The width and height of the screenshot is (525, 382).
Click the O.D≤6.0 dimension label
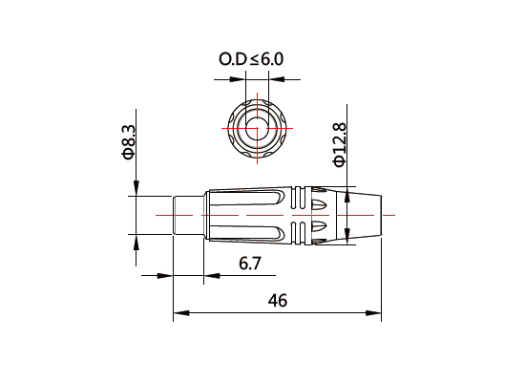(251, 59)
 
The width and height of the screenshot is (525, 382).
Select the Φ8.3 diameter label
(128, 142)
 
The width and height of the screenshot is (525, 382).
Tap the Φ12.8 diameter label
(339, 144)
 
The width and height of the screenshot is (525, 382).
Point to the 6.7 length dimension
(250, 263)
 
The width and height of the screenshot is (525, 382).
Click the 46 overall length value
(278, 301)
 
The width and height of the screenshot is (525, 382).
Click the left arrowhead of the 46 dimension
(181, 313)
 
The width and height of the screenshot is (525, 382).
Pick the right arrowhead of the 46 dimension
(373, 313)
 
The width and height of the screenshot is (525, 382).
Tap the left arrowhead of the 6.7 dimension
(165, 276)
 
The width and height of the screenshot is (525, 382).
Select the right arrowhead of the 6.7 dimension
(212, 276)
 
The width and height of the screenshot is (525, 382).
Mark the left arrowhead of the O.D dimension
(238, 79)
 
